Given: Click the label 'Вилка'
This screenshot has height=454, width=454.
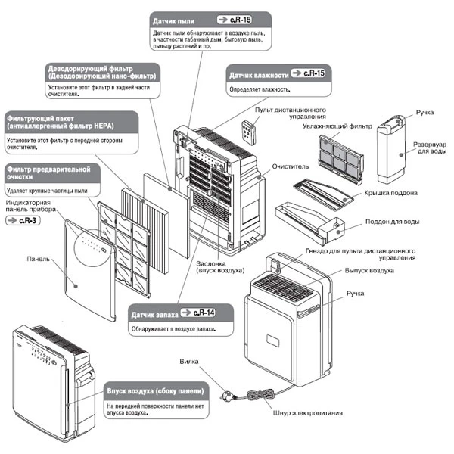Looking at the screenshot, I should point(189,362).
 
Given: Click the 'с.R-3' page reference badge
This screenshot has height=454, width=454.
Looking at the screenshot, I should point(21,220).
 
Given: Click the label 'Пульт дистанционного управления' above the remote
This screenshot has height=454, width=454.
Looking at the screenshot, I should point(291,113).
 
